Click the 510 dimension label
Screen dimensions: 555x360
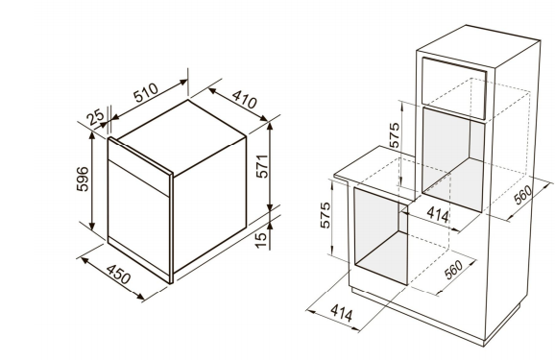146,93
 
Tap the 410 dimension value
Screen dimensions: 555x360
244,100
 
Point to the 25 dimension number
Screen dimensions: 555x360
96,117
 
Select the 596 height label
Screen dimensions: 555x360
83,179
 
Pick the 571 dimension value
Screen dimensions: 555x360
262,166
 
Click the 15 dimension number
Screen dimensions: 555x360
261,240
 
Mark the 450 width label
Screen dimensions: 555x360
118,275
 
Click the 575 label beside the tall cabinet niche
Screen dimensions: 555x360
394,134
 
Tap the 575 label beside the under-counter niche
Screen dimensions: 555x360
325,215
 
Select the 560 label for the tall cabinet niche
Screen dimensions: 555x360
522,195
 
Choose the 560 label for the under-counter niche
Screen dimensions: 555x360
453,270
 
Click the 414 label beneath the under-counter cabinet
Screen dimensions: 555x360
342,313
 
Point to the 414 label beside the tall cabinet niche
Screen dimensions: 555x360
438,214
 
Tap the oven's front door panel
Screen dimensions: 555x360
138,220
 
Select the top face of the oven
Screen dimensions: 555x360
181,136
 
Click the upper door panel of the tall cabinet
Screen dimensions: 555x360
454,88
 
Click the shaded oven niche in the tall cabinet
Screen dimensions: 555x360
452,159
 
